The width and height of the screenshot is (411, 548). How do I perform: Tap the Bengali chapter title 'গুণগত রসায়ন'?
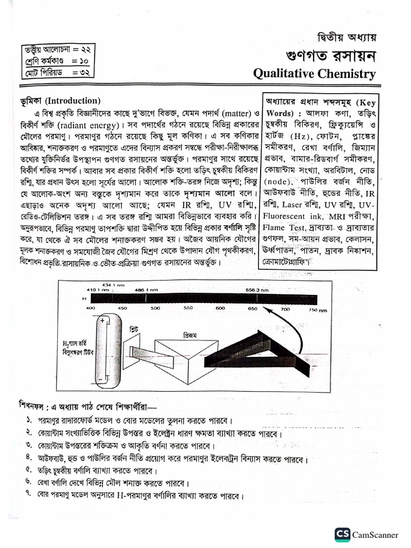(x=331, y=55)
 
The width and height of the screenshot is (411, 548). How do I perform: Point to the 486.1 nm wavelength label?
(x=143, y=290)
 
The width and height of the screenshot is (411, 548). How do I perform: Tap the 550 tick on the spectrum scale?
(x=188, y=309)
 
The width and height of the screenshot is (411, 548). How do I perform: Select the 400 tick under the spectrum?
(x=90, y=309)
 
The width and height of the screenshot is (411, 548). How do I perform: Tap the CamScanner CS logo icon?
(x=342, y=534)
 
